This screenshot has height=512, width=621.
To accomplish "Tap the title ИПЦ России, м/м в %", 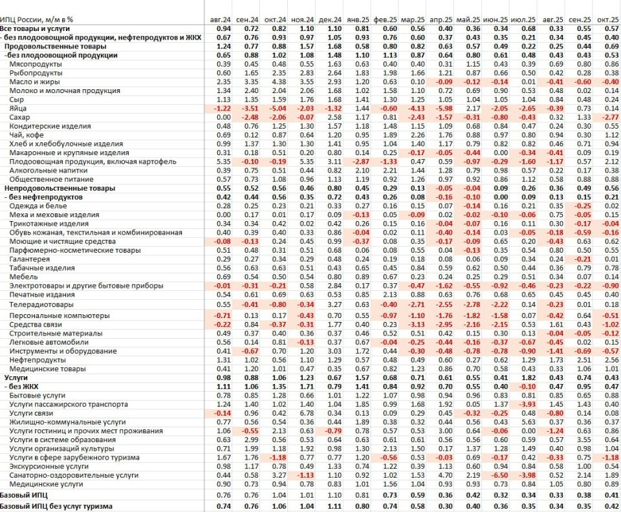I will tap(36, 21).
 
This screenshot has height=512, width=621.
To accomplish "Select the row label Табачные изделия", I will tap(36, 268).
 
